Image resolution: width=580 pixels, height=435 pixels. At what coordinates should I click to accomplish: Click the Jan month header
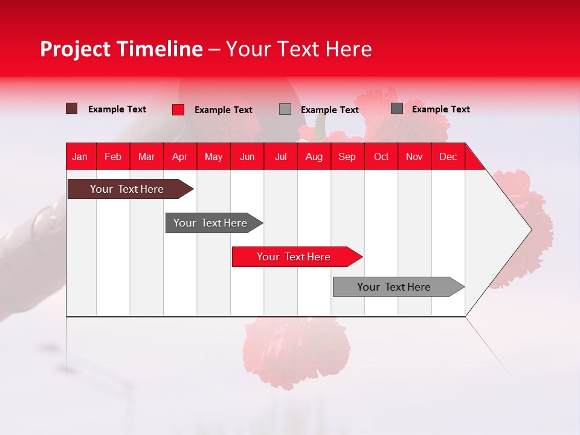click(80, 156)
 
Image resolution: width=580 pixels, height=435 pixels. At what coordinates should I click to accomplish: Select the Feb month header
click(113, 156)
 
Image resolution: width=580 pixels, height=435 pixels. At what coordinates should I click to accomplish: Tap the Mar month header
click(146, 156)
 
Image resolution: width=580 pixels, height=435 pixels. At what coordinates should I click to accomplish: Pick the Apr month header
click(180, 156)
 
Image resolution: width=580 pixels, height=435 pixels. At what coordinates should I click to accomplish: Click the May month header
click(213, 156)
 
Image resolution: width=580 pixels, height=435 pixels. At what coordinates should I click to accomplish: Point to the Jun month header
click(247, 156)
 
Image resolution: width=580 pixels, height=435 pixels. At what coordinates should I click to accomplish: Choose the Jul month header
click(280, 156)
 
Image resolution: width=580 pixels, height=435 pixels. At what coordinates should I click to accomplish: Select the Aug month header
click(314, 156)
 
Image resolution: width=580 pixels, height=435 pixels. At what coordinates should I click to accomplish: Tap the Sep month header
click(347, 156)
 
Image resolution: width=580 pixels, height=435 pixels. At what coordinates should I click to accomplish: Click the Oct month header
click(381, 156)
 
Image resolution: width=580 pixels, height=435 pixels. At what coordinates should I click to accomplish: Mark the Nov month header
click(414, 156)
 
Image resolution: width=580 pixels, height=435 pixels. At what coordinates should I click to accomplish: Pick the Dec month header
click(448, 156)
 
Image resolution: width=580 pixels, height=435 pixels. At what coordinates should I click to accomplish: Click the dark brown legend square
click(72, 109)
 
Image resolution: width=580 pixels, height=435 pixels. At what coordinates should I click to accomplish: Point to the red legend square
click(178, 109)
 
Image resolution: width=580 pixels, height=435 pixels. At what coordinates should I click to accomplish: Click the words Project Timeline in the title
click(121, 49)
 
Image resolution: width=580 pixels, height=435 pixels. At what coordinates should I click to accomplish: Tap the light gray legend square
click(285, 109)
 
